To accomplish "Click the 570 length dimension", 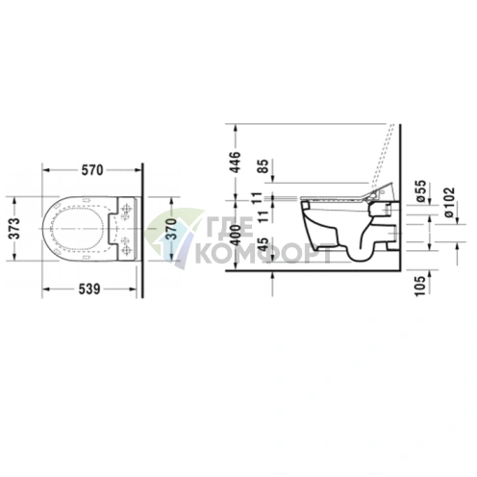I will click(x=91, y=170).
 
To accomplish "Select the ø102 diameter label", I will click(x=449, y=197).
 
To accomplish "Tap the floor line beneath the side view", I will click(x=317, y=270).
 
